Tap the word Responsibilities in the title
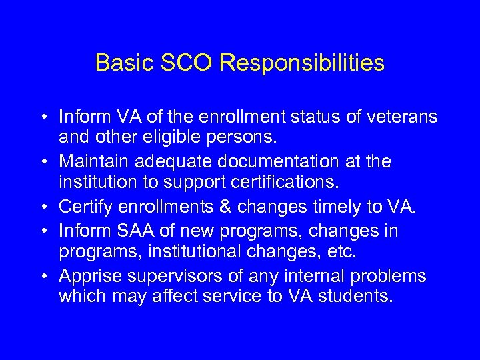point(301,63)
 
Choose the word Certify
point(83,206)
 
